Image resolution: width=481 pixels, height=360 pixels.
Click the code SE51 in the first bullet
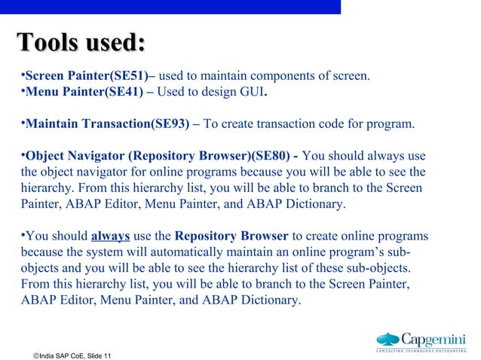pyautogui.click(x=131, y=77)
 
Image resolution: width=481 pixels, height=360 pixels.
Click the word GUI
pyautogui.click(x=252, y=93)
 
